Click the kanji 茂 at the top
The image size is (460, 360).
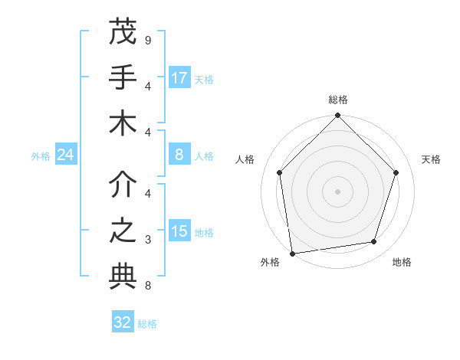(123, 33)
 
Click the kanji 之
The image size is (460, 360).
(123, 231)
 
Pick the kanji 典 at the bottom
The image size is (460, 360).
(123, 277)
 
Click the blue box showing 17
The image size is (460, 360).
(179, 78)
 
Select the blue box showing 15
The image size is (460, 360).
(179, 231)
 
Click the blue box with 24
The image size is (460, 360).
(65, 155)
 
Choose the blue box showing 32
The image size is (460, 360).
(123, 322)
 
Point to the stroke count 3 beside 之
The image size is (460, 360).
(147, 240)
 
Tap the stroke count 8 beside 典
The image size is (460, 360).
(147, 286)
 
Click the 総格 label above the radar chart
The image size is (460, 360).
(337, 100)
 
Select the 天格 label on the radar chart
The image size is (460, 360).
(431, 159)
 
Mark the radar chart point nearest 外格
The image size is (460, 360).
(292, 253)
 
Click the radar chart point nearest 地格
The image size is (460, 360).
(374, 242)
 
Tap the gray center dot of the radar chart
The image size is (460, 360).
(337, 191)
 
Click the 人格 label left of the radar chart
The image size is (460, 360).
(245, 159)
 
